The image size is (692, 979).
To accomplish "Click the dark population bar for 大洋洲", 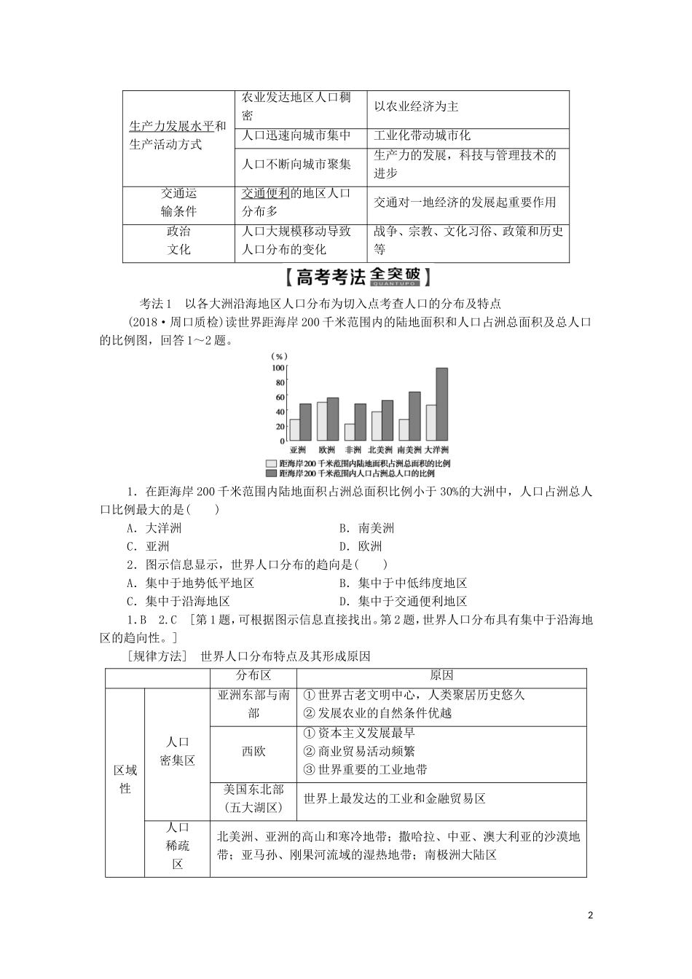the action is (x=441, y=404).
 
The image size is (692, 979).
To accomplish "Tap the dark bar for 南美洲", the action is (x=414, y=416).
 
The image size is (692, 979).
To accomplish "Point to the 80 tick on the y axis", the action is (x=280, y=382).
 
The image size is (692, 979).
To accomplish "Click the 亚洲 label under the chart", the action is (x=299, y=450).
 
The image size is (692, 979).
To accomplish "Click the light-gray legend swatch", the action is (x=272, y=463).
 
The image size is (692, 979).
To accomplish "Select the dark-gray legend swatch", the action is (x=272, y=473).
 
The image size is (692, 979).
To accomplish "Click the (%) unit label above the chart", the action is (x=278, y=356).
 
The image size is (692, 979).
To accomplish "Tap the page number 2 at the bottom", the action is (x=591, y=914).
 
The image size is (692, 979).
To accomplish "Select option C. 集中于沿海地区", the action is (x=178, y=601).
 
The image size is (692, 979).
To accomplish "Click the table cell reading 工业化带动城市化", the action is (x=422, y=135).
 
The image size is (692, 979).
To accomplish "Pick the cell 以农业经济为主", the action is (x=416, y=107).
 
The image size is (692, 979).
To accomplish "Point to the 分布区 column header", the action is (x=253, y=675).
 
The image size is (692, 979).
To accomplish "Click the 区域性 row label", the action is (x=125, y=779).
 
